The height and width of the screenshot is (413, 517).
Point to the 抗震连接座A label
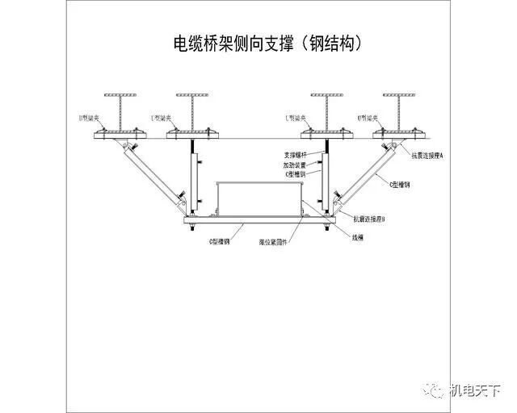(x=425, y=156)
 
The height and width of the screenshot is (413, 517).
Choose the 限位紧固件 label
(x=274, y=240)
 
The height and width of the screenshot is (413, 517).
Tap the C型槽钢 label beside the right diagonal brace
(x=400, y=185)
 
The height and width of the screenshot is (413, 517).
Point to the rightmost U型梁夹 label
(x=370, y=118)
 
